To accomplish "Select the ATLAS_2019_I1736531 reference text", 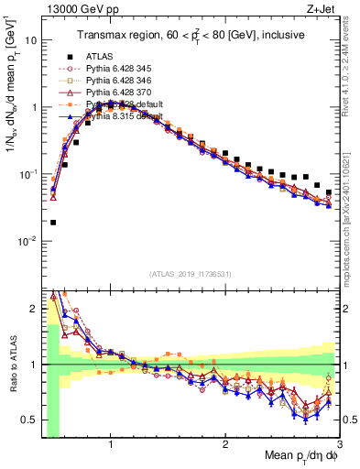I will [x=189, y=274].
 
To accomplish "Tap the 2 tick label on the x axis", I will [x=225, y=443].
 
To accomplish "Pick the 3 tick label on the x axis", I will [x=339, y=443].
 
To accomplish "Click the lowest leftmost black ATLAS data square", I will [x=53, y=222].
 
